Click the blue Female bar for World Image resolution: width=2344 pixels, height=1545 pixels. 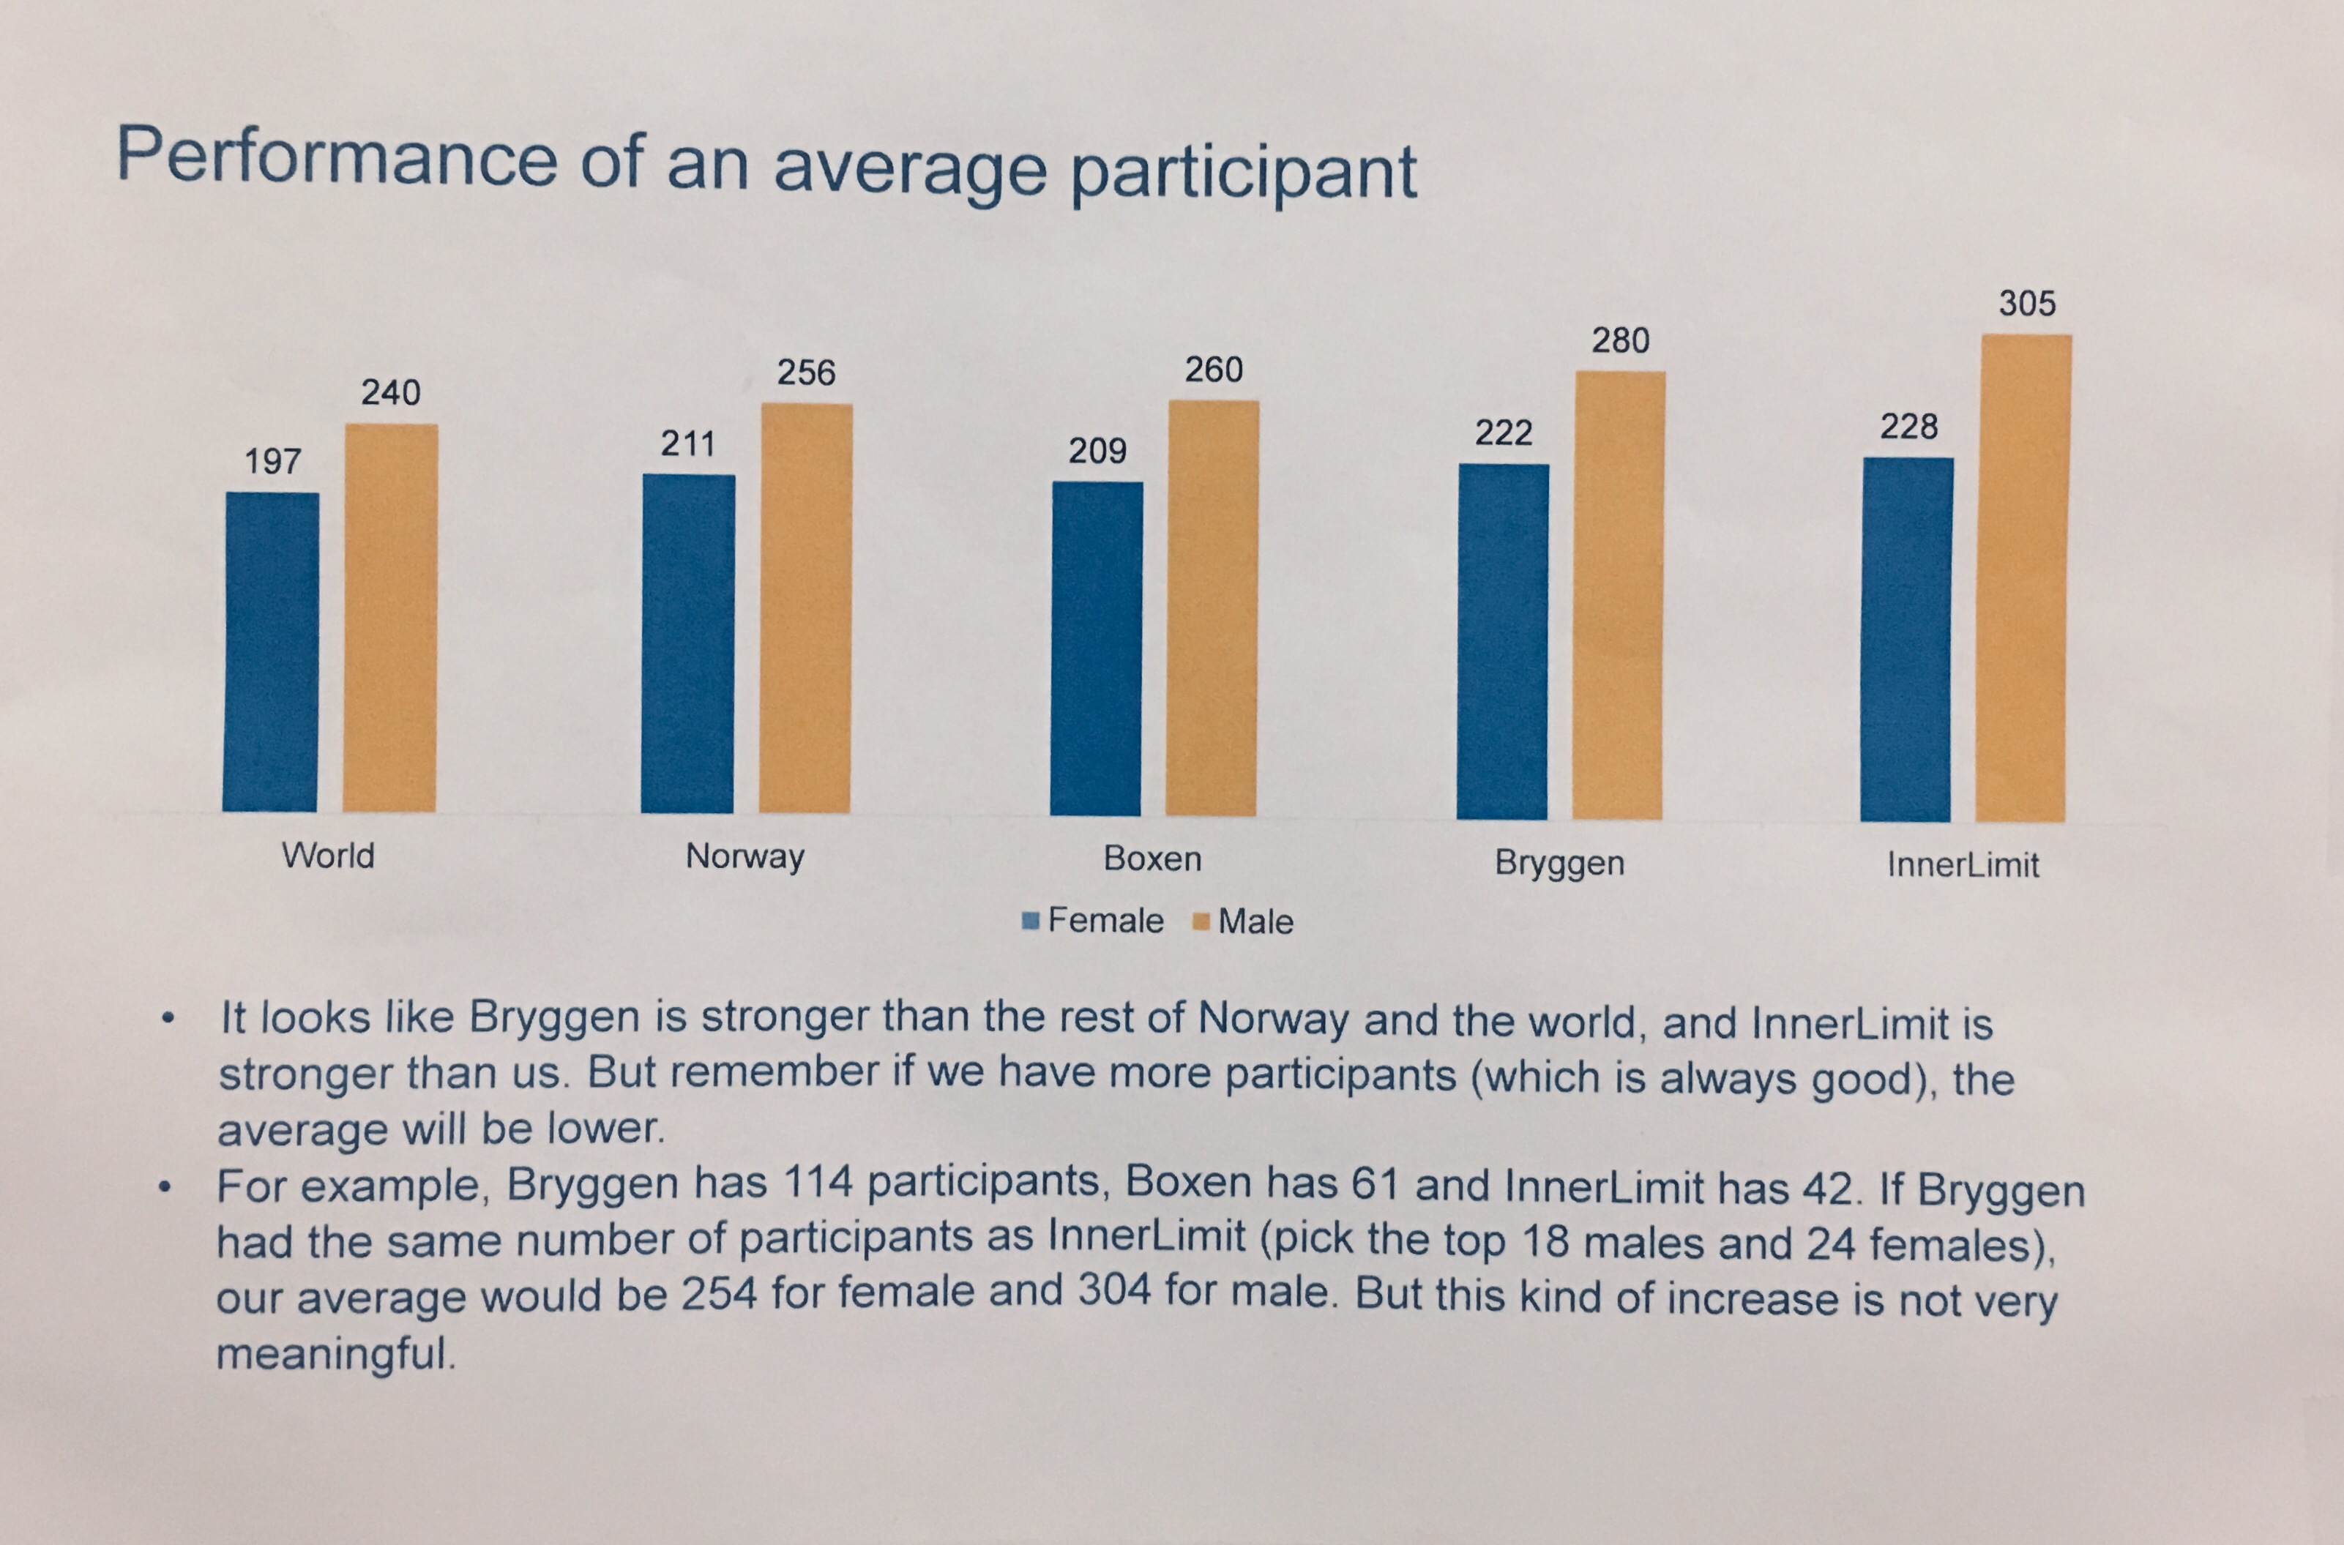click(271, 652)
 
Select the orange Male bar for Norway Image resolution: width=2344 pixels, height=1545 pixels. click(806, 608)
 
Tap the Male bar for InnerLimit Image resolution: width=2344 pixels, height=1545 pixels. click(2023, 578)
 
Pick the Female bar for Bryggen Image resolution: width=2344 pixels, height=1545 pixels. click(1503, 641)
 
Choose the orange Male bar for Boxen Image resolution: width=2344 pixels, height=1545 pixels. click(1212, 608)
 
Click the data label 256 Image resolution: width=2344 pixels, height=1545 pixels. click(806, 373)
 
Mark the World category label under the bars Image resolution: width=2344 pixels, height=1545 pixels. click(328, 856)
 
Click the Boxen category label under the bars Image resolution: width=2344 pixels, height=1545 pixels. click(1152, 858)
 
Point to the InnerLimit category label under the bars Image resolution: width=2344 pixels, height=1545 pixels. click(1962, 865)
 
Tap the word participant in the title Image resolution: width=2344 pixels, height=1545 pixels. click(1244, 173)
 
